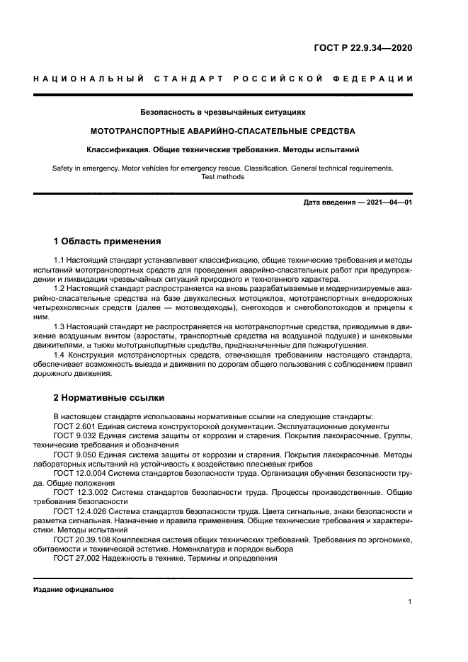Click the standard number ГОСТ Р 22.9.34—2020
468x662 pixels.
point(363,49)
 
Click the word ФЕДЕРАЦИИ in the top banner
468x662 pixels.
point(374,79)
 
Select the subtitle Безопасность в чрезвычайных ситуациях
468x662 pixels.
point(222,112)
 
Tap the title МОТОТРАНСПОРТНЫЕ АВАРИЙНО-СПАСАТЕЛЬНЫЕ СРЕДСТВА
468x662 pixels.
point(222,131)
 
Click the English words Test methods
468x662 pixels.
point(222,177)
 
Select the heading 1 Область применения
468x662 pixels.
point(107,241)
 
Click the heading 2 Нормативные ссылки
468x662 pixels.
point(106,397)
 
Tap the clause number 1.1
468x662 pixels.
point(59,261)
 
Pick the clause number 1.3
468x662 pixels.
point(59,326)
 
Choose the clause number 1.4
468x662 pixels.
point(59,355)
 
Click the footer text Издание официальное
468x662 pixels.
point(74,589)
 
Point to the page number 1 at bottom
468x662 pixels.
point(410,602)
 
